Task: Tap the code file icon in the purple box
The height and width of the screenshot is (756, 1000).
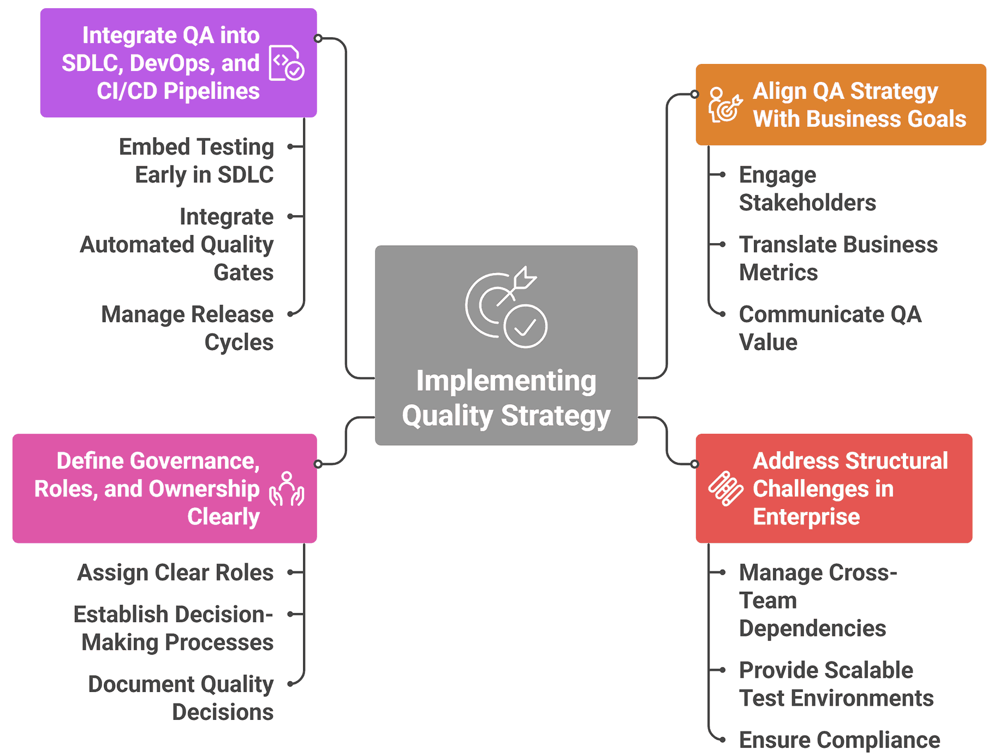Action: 287,63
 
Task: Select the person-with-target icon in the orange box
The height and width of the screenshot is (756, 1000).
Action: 725,105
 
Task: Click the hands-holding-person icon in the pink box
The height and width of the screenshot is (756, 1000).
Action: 287,489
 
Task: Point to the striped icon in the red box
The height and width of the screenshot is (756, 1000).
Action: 725,488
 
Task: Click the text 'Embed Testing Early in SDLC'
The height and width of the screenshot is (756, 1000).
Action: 197,161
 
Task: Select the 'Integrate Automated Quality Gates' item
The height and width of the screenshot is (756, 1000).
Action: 177,244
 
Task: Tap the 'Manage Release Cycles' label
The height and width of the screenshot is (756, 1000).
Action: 188,328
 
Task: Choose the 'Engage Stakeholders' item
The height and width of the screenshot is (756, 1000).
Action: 807,188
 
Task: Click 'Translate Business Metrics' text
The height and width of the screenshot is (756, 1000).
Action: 838,258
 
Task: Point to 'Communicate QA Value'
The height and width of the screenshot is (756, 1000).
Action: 830,328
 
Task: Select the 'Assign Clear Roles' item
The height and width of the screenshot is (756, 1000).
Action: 175,572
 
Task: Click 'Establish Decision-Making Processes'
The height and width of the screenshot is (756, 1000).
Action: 174,628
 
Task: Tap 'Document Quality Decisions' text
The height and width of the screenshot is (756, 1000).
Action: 181,698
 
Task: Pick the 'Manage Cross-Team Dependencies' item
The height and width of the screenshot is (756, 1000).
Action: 817,600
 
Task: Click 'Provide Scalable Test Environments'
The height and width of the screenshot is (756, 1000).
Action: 836,684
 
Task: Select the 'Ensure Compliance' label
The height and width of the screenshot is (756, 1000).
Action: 839,740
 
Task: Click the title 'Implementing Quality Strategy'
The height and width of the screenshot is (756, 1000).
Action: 506,398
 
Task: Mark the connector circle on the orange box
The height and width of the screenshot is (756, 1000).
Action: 694,94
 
